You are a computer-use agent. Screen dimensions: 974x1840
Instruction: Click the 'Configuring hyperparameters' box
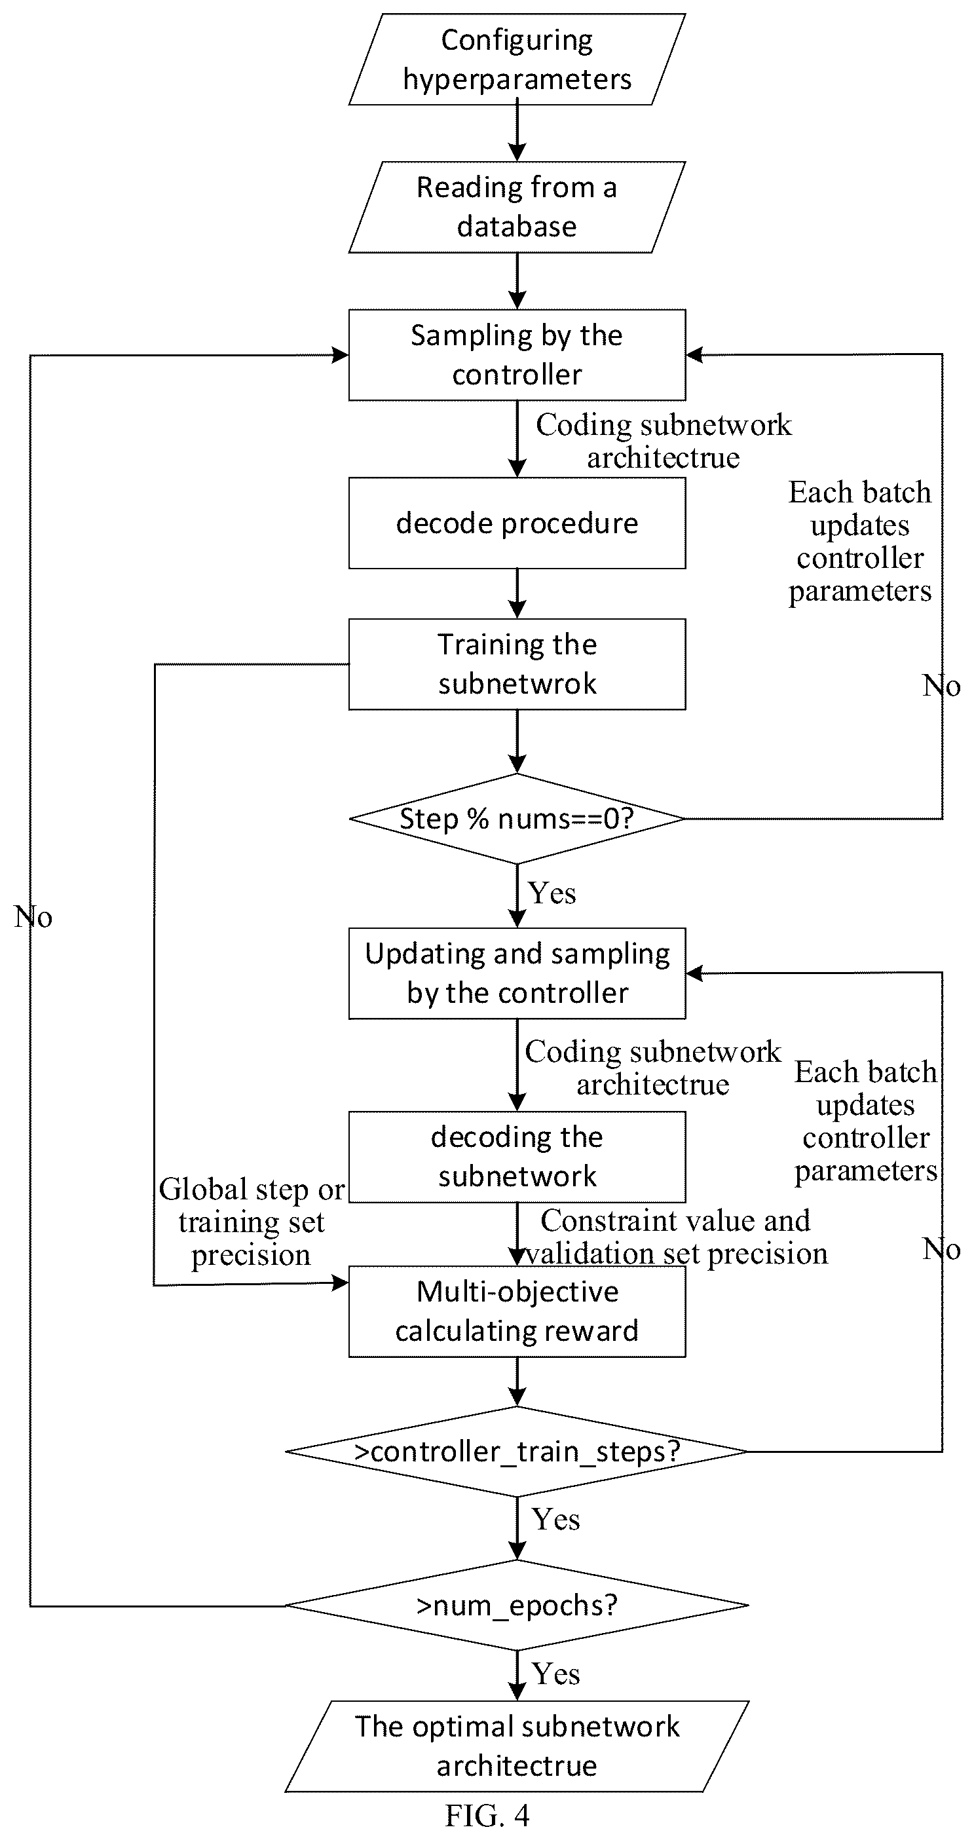point(517,60)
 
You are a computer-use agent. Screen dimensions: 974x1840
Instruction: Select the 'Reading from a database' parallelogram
point(517,207)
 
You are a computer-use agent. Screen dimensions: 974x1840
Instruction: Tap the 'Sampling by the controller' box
point(517,355)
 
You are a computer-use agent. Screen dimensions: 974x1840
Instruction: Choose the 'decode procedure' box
point(517,523)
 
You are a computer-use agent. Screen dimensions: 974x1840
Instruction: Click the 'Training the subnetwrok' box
point(517,664)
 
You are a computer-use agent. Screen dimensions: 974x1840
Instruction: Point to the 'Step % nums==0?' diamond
point(517,819)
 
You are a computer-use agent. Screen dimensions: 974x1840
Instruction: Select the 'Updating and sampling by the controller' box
point(517,973)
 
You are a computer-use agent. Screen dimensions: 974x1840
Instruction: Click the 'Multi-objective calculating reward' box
point(517,1311)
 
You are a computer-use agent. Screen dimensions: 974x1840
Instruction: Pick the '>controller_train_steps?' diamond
point(517,1452)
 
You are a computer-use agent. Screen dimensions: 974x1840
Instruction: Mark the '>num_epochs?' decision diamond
point(517,1605)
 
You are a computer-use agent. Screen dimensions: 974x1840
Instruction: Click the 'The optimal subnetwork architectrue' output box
point(517,1746)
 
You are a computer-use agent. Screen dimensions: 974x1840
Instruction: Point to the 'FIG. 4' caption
point(488,1815)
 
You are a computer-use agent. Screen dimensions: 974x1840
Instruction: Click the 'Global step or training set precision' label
point(252,1222)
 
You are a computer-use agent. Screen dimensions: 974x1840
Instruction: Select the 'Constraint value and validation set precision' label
point(676,1237)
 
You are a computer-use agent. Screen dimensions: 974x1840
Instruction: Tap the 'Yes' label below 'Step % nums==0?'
point(552,893)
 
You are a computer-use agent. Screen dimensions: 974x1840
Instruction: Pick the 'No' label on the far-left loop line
point(33,916)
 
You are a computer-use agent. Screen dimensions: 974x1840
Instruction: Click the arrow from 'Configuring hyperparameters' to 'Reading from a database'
point(517,133)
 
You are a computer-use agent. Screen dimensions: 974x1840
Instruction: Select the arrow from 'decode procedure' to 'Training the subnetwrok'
point(517,593)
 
